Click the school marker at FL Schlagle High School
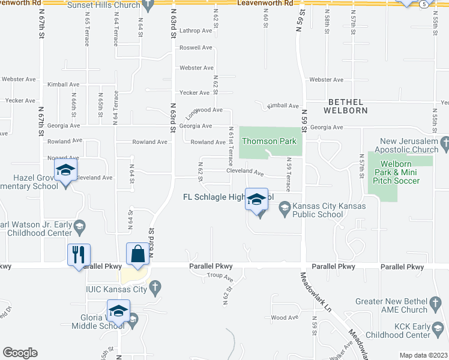tap(256, 200)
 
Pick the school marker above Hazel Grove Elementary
tap(65, 172)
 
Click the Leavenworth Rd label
tap(265, 3)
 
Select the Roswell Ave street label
tap(196, 47)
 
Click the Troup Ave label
tap(220, 277)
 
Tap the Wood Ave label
tap(285, 317)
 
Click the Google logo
tap(20, 353)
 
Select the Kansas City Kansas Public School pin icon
tap(285, 208)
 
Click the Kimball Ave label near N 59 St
tap(283, 106)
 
